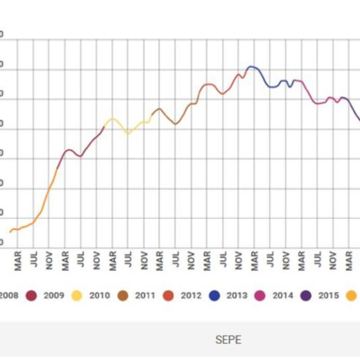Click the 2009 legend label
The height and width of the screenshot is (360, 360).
[54, 295]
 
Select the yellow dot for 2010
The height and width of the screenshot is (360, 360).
[77, 296]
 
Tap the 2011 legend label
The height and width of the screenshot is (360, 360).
[145, 295]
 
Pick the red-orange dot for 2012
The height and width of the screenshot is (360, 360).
[168, 296]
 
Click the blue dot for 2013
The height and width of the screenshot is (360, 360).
[214, 296]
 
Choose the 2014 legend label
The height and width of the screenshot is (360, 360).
[283, 295]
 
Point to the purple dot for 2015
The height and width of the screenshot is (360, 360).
[306, 296]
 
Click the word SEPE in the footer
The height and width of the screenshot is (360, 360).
[228, 340]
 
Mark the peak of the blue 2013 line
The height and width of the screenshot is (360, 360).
[251, 66]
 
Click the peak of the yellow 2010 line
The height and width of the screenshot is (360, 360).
[112, 118]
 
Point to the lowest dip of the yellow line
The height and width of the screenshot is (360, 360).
[128, 133]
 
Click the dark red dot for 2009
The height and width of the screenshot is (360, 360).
[31, 296]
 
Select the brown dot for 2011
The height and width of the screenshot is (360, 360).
[122, 296]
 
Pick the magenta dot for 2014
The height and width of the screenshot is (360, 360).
[260, 296]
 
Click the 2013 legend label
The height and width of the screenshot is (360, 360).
[237, 295]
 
